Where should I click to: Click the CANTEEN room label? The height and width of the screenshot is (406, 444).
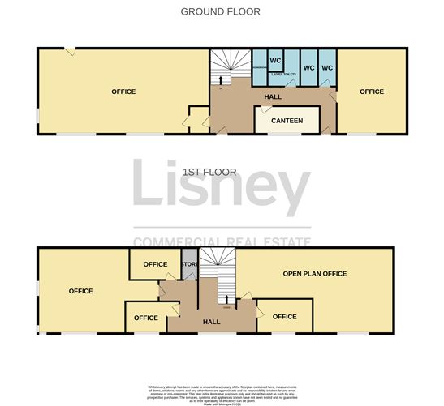coord(287,121)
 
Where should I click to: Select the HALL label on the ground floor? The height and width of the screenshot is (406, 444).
coord(273,97)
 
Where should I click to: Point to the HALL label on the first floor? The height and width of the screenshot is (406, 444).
coord(212,322)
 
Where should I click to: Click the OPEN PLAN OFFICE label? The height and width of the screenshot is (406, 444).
coord(314,274)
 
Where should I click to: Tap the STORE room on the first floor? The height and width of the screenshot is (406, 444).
coord(189,264)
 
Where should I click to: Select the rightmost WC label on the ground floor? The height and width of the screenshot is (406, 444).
coord(327,67)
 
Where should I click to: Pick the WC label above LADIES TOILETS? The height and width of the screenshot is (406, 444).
coord(275,61)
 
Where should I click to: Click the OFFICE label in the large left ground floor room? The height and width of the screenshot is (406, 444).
coord(123,92)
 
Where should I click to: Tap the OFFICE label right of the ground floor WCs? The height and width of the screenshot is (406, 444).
coord(372,92)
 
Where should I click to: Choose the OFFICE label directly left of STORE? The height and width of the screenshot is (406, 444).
coord(155,264)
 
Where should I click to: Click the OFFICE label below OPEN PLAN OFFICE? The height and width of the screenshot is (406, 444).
coord(285,317)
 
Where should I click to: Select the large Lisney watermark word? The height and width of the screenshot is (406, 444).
coord(221,188)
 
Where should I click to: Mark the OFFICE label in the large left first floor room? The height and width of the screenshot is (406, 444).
coord(80,291)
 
